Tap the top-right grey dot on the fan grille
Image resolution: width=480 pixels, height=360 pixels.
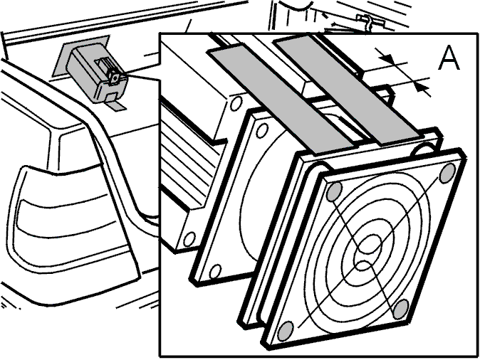click(447, 173)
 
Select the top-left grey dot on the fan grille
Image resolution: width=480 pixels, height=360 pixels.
click(334, 191)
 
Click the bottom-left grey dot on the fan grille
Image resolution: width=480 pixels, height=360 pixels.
click(285, 331)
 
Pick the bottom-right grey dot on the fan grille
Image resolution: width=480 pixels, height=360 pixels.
click(401, 309)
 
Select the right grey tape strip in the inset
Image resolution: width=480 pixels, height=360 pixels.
click(346, 90)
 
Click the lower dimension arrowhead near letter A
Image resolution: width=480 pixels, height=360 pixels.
click(422, 87)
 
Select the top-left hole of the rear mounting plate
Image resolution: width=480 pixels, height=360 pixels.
click(262, 131)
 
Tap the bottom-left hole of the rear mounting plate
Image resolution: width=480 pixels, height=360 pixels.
click(216, 271)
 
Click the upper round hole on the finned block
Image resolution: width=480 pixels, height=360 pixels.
click(236, 102)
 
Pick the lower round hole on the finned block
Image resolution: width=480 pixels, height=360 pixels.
click(189, 238)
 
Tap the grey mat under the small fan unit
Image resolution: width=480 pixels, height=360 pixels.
click(81, 57)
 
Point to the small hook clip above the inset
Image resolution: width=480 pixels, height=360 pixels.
click(368, 22)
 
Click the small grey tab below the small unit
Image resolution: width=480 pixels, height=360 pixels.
click(116, 106)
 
